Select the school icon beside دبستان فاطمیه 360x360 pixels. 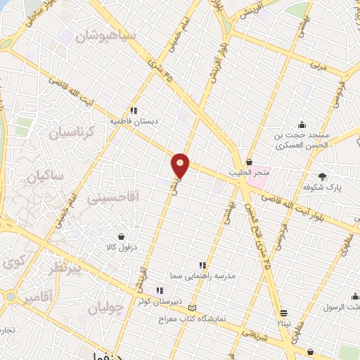tap(134, 110)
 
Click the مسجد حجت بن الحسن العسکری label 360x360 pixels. tap(302, 141)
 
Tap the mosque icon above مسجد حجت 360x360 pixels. tap(302, 124)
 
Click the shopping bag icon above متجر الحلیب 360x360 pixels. tap(250, 162)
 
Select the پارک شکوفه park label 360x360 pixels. tap(321, 189)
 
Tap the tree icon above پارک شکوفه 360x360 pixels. tap(323, 176)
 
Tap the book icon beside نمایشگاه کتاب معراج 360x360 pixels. tap(192, 307)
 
